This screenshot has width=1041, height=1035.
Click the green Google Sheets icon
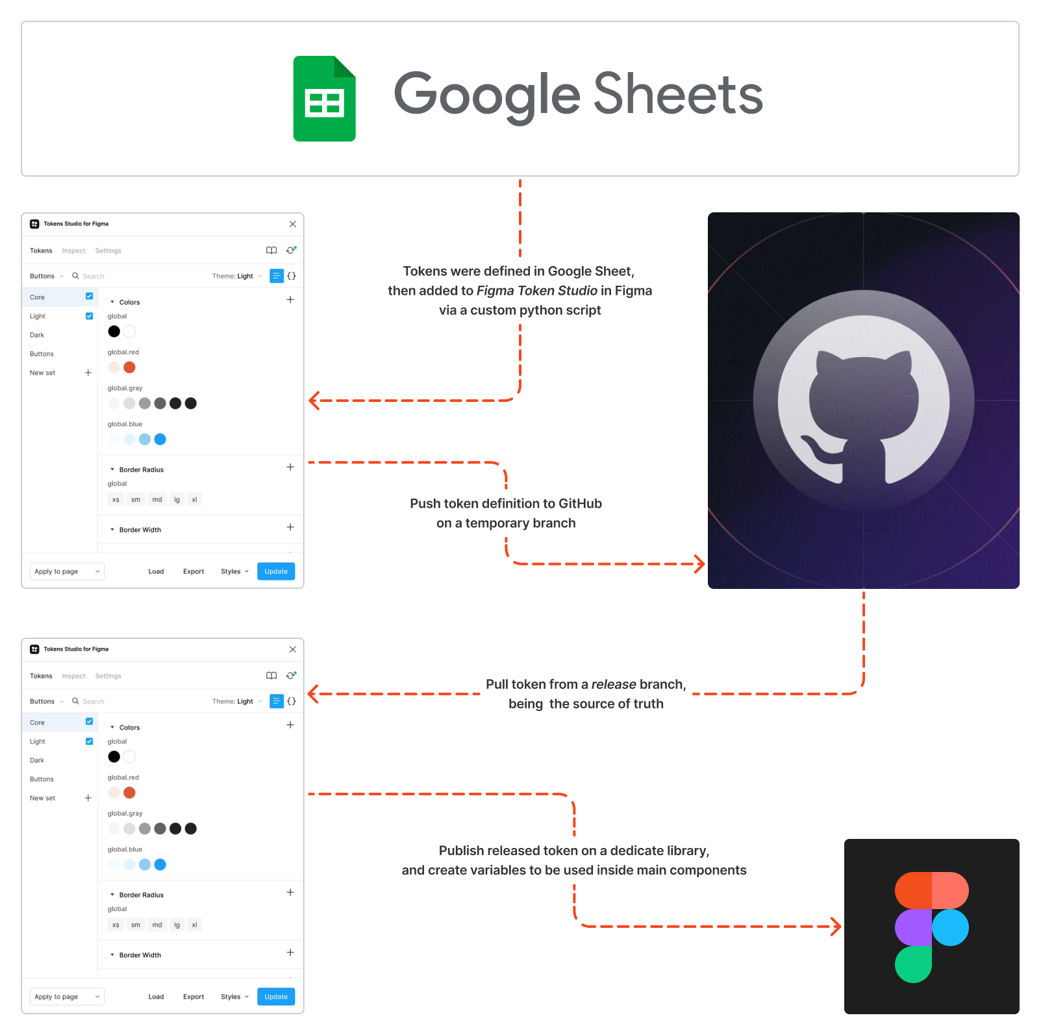coord(324,99)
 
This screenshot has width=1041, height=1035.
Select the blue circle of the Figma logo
coord(950,927)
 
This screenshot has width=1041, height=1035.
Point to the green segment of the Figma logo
coord(913,964)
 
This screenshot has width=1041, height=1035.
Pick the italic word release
coord(614,684)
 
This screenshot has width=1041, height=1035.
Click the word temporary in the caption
coord(497,523)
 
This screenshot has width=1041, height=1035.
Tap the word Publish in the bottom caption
coord(461,851)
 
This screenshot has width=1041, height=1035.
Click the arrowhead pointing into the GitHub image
coord(700,564)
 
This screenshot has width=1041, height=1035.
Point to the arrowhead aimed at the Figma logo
coord(836,927)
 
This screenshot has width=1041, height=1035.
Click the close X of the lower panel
coord(293,649)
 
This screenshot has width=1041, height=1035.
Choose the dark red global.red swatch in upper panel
coord(129,368)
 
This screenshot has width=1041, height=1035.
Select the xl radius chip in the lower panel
coord(194,925)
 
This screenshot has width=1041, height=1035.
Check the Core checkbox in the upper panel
coord(90,297)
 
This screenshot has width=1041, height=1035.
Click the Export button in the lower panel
coord(194,997)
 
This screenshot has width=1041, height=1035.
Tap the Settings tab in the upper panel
coord(108,251)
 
